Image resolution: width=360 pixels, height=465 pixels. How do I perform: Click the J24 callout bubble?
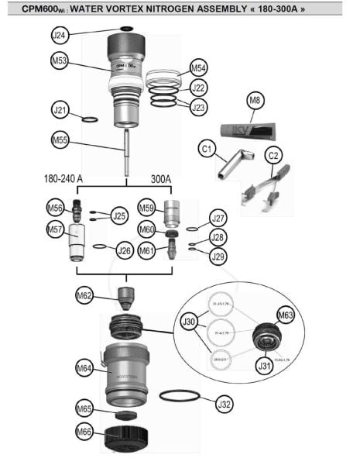tap(60, 35)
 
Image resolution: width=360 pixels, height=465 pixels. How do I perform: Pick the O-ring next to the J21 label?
tap(90, 119)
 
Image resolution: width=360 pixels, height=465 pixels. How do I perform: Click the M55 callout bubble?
tap(60, 140)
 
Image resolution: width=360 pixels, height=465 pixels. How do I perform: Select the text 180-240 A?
tap(68, 179)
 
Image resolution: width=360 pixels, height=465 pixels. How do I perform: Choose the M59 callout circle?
tap(147, 207)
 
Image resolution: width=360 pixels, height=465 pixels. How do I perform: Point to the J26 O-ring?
tap(99, 248)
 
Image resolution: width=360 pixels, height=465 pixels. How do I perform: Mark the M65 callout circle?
tap(84, 408)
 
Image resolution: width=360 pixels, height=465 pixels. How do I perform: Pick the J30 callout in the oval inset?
tap(188, 320)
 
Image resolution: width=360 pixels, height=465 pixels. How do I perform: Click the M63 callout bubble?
tap(286, 316)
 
